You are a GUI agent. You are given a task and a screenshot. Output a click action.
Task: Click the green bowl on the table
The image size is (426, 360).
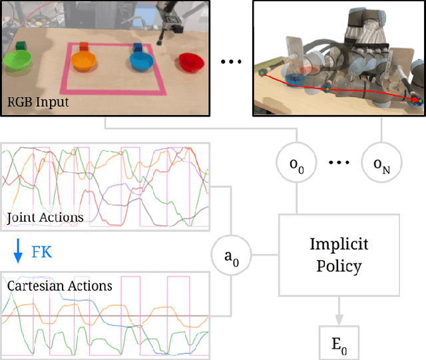pyautogui.click(x=18, y=62)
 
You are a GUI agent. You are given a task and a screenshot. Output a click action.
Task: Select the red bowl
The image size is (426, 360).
pyautogui.click(x=191, y=62)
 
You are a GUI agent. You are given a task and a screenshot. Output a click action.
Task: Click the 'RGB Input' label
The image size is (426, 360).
pyautogui.click(x=38, y=102)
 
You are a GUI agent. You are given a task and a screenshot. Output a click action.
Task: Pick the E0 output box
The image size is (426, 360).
pyautogui.click(x=339, y=343)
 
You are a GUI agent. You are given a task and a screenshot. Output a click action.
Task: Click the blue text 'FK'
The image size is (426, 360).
pyautogui.click(x=41, y=252)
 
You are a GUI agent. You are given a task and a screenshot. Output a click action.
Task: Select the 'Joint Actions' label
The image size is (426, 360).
pyautogui.click(x=45, y=217)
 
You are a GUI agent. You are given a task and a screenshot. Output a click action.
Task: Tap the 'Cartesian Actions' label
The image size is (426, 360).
pyautogui.click(x=60, y=286)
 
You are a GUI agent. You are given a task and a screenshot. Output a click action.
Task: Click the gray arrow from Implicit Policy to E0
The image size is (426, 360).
pyautogui.click(x=339, y=310)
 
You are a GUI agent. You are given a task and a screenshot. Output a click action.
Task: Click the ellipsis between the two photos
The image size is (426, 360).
pyautogui.click(x=230, y=62)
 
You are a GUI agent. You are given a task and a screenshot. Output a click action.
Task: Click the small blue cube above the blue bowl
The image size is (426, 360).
pyautogui.click(x=138, y=47)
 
